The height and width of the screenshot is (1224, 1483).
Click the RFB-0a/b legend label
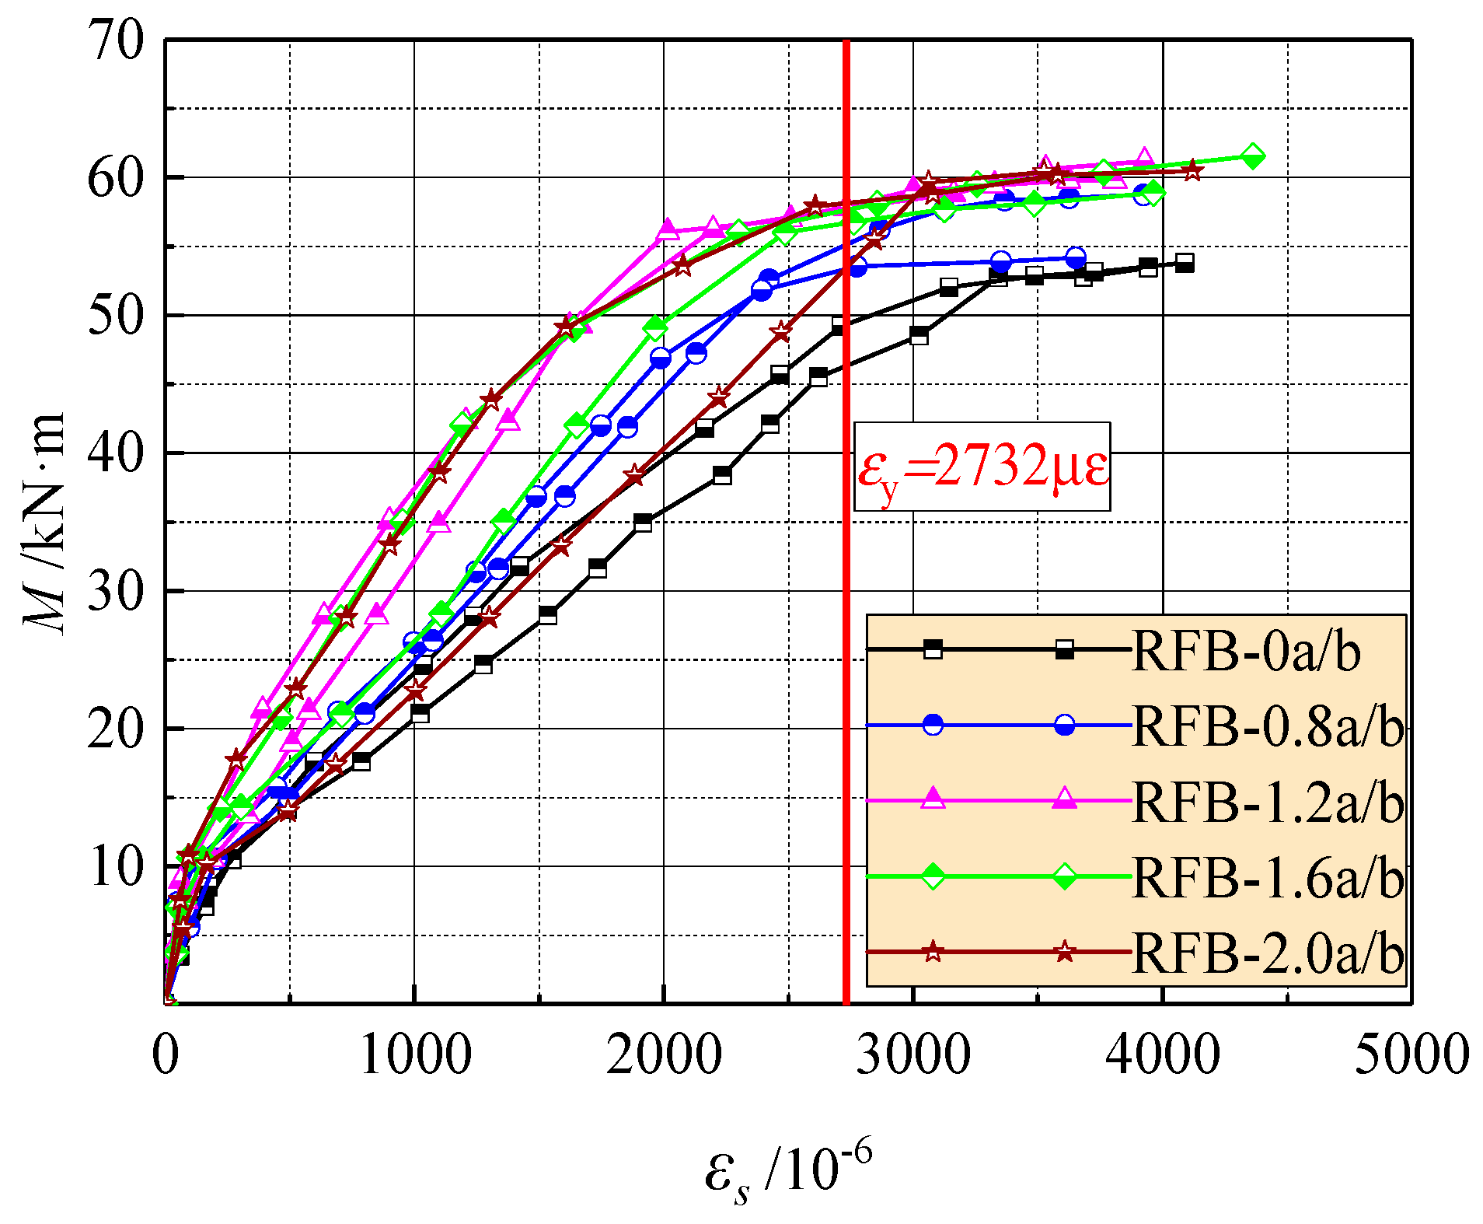point(1246,650)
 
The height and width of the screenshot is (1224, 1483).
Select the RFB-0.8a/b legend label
point(1267,726)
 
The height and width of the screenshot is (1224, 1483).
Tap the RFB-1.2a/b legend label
point(1267,801)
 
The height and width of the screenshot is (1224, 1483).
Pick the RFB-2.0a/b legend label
point(1267,952)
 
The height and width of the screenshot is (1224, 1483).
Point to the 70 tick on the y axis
point(116,40)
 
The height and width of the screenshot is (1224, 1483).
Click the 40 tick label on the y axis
point(116,453)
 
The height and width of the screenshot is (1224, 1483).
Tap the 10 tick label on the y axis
point(116,866)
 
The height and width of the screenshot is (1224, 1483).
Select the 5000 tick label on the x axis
point(1411,1054)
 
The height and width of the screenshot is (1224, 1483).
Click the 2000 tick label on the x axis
point(664,1054)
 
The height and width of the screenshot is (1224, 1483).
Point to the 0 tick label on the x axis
point(166,1054)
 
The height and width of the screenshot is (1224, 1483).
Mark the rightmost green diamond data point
point(1252,156)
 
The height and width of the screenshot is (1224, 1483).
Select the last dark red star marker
point(1192,171)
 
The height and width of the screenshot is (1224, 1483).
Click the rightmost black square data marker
point(1185,263)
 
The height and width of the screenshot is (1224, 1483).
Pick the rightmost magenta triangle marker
point(1144,158)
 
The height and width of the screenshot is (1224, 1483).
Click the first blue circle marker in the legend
point(933,725)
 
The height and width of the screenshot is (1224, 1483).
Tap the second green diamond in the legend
point(1065,876)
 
